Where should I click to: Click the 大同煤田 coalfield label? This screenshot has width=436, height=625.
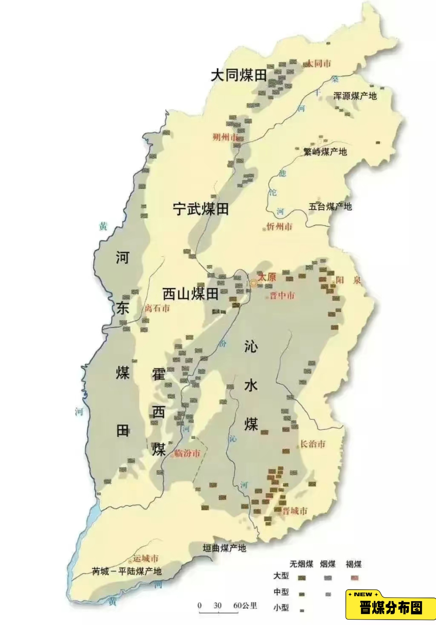(239, 75)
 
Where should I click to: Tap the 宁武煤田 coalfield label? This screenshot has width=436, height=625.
(201, 209)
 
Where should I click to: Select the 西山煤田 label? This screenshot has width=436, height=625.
(190, 294)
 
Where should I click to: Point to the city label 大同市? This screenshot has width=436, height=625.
(319, 63)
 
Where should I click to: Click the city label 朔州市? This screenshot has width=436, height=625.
(225, 137)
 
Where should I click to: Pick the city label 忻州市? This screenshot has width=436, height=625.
(279, 227)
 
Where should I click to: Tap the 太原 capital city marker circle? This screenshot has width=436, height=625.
(254, 283)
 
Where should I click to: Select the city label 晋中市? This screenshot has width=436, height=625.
(282, 296)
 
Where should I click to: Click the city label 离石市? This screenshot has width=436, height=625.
(157, 308)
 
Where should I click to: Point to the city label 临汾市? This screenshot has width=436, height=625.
(187, 453)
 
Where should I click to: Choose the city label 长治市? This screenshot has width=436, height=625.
(312, 444)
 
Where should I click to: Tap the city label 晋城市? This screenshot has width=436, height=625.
(295, 511)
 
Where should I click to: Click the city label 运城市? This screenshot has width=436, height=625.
(146, 558)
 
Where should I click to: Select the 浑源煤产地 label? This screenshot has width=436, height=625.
(355, 96)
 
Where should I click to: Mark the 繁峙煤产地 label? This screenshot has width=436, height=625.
(325, 152)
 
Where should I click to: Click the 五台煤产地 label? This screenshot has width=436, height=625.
(330, 207)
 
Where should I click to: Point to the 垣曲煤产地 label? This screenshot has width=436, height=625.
(224, 548)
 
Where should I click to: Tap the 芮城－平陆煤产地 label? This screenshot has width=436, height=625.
(127, 571)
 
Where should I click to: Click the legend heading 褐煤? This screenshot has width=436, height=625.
(354, 564)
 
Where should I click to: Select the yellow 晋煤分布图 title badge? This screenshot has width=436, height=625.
(390, 608)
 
